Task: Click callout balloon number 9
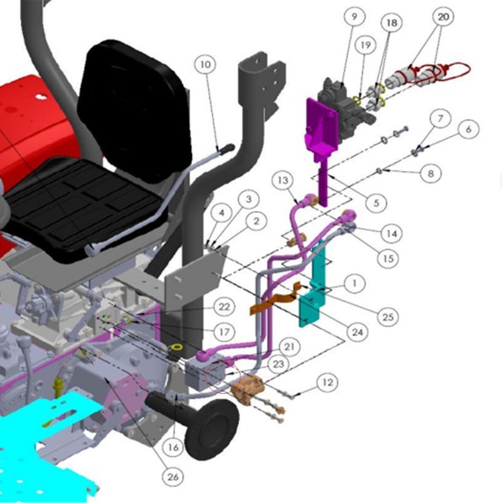tap(355, 17)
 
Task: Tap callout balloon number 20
tap(443, 17)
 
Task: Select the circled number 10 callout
tap(205, 65)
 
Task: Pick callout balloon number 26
tap(173, 477)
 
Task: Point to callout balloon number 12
tap(327, 382)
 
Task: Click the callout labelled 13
tap(283, 180)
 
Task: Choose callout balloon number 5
tap(376, 203)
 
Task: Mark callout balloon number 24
tap(357, 332)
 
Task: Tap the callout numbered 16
tap(174, 447)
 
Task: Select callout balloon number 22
tap(224, 307)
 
